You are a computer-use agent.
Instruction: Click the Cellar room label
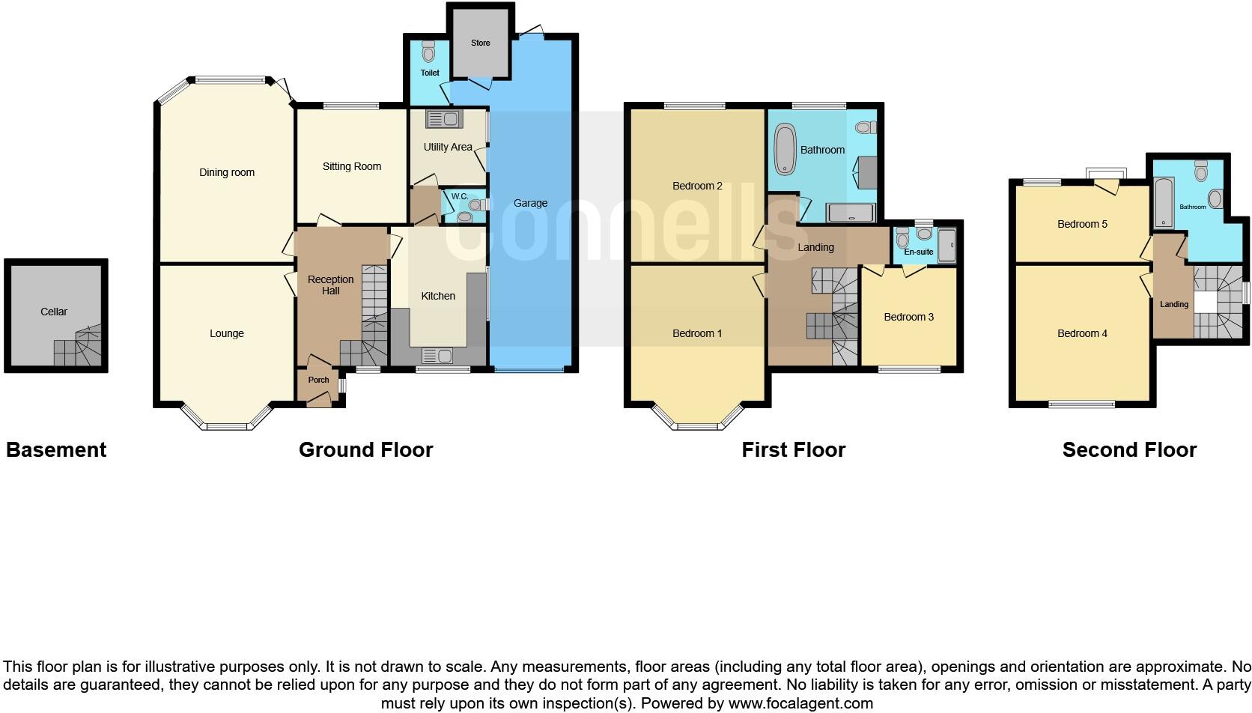coord(54,312)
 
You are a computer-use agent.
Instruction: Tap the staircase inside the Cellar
coord(78,349)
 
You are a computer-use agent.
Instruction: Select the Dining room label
coord(227,172)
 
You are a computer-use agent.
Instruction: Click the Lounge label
coord(227,333)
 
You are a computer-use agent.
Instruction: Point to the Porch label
coord(318,380)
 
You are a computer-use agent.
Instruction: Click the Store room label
coord(481,43)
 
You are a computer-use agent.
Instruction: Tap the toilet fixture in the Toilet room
coord(428,52)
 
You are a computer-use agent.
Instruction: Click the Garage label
coord(530,203)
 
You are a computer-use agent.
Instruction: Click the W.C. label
coord(459,196)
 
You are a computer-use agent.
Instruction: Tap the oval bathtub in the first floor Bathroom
coord(785,149)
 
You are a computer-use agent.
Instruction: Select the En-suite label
coord(919,252)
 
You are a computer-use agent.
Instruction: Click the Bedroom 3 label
coord(908,317)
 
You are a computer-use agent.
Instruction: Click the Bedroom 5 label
coord(1082,224)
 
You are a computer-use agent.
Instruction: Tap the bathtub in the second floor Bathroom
coord(1162,202)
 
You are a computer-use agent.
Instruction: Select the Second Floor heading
coord(1129,449)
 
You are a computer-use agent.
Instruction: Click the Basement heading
coord(56,449)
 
